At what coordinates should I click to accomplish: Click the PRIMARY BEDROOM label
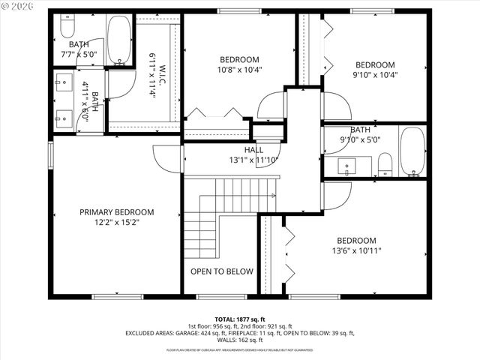click(116, 212)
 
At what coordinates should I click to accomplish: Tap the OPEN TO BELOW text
click(221, 271)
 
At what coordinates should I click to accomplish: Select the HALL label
click(253, 150)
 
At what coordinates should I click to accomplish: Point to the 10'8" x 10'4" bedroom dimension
click(239, 70)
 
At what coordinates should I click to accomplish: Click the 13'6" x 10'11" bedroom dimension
click(356, 252)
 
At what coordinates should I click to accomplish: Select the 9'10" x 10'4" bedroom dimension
click(374, 75)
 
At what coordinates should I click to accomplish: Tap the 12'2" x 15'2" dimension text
click(116, 223)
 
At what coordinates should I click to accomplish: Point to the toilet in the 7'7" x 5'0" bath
click(65, 28)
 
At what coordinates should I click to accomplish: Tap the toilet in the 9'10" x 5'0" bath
click(385, 163)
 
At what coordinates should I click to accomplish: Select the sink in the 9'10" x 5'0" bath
click(347, 165)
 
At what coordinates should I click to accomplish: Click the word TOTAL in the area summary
click(227, 319)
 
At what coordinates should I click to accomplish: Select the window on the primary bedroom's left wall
click(50, 154)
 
